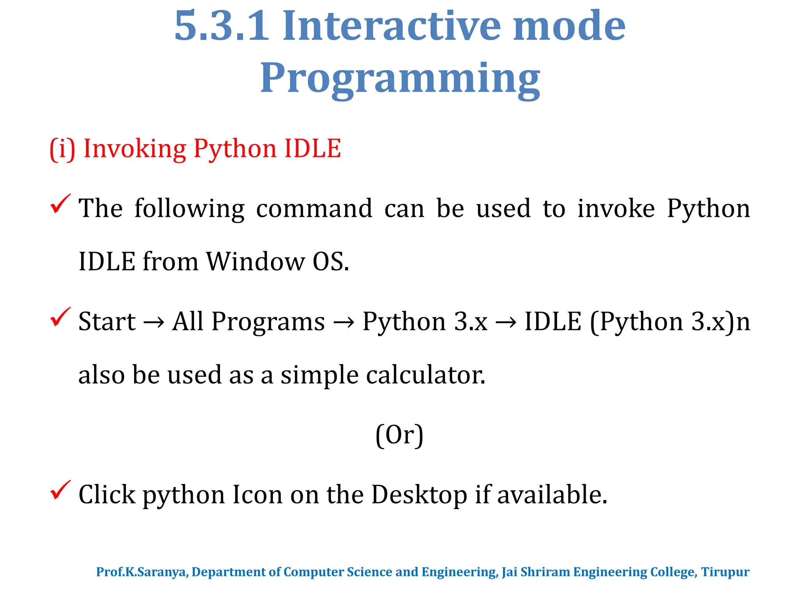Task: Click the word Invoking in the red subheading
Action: point(135,149)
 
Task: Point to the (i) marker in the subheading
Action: point(62,149)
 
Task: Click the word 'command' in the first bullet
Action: point(314,209)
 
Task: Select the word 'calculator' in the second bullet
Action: point(426,375)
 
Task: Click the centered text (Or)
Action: point(399,435)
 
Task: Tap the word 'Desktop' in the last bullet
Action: point(419,495)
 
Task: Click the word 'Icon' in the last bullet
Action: point(257,495)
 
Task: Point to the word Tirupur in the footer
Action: point(725,572)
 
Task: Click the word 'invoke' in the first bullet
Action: point(616,209)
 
